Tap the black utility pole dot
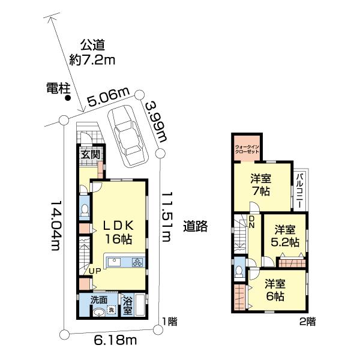coord(68,100)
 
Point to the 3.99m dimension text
coord(155,122)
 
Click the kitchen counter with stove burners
coord(125,262)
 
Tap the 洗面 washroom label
coord(98,299)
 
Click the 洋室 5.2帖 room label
coord(286,236)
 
